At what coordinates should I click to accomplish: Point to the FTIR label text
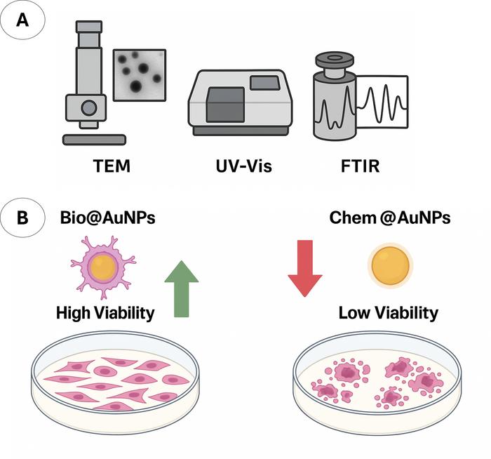pos(352,168)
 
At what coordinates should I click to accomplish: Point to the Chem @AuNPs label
pos(389,218)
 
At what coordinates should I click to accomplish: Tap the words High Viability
pos(105,312)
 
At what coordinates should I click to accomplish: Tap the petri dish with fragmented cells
pos(377,380)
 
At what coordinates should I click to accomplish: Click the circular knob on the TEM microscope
pos(88,107)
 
